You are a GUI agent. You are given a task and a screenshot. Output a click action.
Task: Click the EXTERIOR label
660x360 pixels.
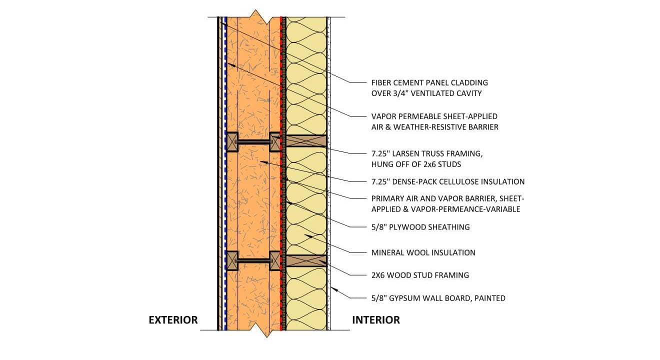tap(173, 320)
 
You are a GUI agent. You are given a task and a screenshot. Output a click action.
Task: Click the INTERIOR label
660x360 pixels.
tap(376, 320)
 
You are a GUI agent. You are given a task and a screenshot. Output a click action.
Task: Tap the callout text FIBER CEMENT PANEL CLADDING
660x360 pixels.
tap(429, 83)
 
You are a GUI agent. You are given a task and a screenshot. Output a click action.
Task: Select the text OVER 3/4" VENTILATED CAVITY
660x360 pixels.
tap(426, 93)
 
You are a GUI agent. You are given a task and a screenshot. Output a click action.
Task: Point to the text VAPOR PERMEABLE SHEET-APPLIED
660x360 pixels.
tap(434, 116)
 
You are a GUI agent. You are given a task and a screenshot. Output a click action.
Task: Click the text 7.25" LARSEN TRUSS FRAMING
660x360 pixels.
tap(427, 154)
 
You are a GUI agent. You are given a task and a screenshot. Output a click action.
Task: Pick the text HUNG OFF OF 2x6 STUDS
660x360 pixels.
tap(416, 164)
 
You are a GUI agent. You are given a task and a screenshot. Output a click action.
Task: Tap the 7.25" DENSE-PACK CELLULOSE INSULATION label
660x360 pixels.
tap(448, 182)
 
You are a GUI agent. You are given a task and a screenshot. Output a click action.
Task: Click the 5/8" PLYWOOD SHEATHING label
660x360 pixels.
tap(420, 227)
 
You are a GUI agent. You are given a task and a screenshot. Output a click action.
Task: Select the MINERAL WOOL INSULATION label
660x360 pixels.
tap(423, 253)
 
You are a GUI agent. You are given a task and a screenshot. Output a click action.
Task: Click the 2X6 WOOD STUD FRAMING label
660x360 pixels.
tap(420, 275)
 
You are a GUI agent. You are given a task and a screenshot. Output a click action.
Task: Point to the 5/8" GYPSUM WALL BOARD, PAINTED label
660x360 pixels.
tap(438, 298)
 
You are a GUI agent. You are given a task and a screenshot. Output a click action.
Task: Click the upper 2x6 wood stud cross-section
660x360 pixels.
tap(306, 141)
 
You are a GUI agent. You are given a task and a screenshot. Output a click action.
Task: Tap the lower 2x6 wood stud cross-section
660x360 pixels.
tap(306, 261)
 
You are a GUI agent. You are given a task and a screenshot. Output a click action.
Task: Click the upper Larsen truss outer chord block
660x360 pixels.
tap(232, 142)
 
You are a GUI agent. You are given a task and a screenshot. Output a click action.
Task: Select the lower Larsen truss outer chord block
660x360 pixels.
tap(232, 261)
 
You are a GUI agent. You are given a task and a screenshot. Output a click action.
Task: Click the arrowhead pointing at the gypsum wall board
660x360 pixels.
tap(334, 289)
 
